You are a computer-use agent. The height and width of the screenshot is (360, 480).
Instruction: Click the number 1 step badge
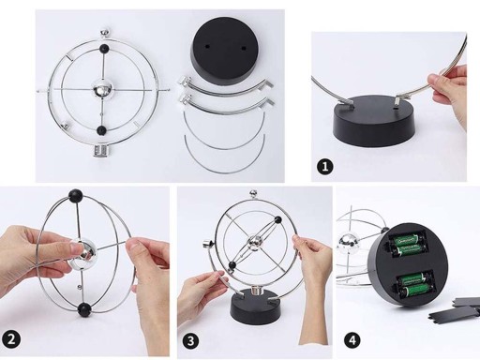coord(325,166)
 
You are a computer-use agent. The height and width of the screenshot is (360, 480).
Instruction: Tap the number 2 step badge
coord(11,339)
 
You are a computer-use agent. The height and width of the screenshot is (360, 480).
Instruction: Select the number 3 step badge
coord(190,340)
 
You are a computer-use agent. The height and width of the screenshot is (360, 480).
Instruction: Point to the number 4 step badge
coord(352,340)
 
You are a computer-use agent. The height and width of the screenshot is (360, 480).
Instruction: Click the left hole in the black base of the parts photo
coord(207,47)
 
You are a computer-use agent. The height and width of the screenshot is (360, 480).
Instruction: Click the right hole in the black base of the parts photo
coord(244,49)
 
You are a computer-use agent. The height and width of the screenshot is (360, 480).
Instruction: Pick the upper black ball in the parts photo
coord(104,49)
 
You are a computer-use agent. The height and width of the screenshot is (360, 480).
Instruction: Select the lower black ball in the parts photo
coord(101,130)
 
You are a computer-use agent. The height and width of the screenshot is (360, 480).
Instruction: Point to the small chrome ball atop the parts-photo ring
coord(105,33)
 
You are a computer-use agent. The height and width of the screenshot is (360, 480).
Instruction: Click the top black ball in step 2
coord(76,196)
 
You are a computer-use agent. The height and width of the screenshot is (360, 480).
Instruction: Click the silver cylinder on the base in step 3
coord(258,291)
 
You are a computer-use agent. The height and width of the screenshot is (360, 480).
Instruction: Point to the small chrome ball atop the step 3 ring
coord(253,193)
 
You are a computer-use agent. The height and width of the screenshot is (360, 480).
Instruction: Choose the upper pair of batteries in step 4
coord(407,245)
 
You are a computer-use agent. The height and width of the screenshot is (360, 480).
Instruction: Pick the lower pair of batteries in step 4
coord(415,286)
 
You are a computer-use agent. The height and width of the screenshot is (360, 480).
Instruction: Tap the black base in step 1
coord(375,120)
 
